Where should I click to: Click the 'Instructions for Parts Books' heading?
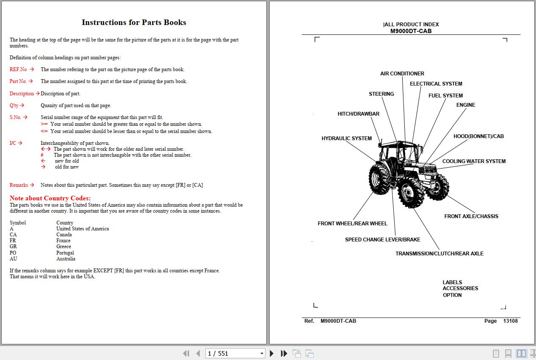[x=134, y=22]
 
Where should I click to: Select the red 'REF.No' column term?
[x=18, y=69]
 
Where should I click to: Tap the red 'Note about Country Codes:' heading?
[x=50, y=198]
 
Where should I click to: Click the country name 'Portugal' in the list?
[x=65, y=253]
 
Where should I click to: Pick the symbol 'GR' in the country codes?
[x=14, y=246]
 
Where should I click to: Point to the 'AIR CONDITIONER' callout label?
[x=402, y=74]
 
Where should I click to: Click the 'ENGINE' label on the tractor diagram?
[x=465, y=105]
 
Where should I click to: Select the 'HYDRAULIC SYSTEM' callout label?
[x=346, y=138]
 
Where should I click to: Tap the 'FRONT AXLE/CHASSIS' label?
[x=471, y=216]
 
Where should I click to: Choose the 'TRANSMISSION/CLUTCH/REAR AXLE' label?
[x=439, y=254]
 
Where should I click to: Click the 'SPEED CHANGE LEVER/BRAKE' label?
[x=382, y=240]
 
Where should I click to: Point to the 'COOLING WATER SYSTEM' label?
[x=474, y=161]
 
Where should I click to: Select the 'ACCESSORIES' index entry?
[x=460, y=288]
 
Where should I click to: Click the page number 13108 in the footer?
[x=510, y=321]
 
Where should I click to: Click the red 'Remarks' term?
[x=19, y=185]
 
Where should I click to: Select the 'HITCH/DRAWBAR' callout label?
[x=358, y=114]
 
